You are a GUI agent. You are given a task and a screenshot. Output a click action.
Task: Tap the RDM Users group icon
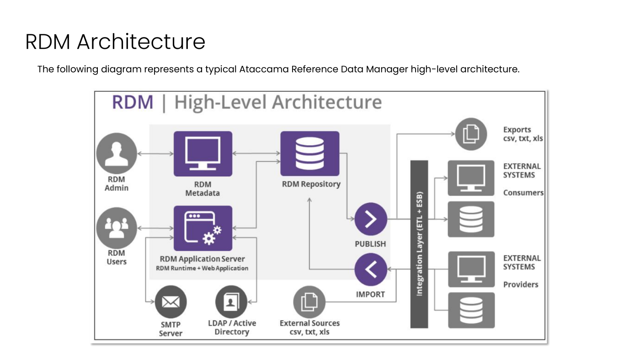coord(117,227)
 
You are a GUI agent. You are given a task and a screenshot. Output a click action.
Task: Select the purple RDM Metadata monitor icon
coord(203,154)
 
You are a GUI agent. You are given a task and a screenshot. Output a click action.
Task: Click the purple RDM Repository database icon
coord(309,154)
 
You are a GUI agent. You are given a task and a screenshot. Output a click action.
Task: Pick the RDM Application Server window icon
coord(203,228)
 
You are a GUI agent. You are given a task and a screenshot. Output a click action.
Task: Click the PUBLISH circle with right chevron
coord(370,219)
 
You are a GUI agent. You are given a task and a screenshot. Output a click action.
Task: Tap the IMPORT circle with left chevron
coord(370,270)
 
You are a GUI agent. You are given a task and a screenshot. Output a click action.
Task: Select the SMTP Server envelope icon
coord(171,302)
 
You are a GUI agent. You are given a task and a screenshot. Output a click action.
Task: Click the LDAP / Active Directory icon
coord(231,302)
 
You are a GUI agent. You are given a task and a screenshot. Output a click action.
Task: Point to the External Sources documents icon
coord(309,302)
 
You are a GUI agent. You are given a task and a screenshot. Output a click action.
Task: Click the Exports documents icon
coord(471,134)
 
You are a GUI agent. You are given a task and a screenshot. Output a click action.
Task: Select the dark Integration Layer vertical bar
coord(419,244)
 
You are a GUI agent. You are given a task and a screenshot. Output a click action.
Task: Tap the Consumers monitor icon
coord(471,178)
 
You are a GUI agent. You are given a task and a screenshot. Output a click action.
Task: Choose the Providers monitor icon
coord(471,269)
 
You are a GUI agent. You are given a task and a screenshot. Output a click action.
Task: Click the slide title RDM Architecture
coord(115,42)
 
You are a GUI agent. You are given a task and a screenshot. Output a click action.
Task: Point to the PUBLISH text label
coord(370,244)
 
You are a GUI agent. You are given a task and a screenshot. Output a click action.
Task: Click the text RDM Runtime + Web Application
coord(202,268)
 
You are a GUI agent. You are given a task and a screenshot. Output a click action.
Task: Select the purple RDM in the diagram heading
coord(133,102)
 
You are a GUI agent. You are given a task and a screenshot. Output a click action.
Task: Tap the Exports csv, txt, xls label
coord(523,134)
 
